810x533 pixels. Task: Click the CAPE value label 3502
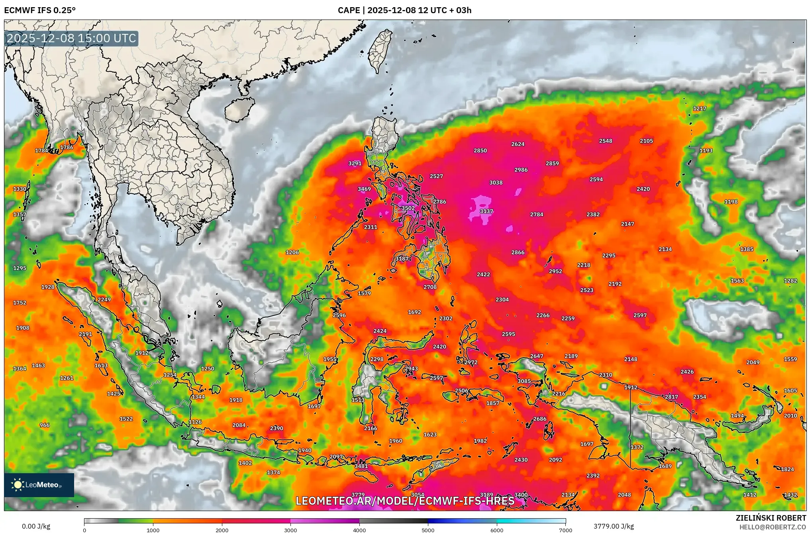click(x=408, y=208)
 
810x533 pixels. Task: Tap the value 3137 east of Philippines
click(x=486, y=211)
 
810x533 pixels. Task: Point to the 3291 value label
click(x=355, y=163)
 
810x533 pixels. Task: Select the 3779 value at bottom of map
click(x=358, y=495)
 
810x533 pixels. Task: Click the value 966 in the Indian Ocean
click(x=45, y=425)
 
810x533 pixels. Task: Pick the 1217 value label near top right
click(x=700, y=108)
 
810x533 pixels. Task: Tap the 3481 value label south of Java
click(x=361, y=466)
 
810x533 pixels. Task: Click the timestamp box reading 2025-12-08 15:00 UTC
click(x=72, y=38)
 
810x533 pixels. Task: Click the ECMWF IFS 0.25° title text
click(x=40, y=10)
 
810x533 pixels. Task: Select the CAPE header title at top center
click(x=404, y=10)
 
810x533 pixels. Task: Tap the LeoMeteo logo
click(x=39, y=485)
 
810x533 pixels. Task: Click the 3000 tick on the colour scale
click(x=290, y=530)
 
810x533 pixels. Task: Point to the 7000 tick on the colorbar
click(x=565, y=530)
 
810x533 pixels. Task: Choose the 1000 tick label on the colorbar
click(x=153, y=530)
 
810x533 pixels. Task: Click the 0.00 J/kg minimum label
click(x=36, y=526)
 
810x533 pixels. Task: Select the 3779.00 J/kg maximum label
click(x=614, y=526)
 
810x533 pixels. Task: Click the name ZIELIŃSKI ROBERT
click(x=771, y=518)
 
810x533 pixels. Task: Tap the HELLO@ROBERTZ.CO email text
click(x=773, y=527)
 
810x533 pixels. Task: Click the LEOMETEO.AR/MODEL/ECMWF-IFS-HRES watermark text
click(x=405, y=501)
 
